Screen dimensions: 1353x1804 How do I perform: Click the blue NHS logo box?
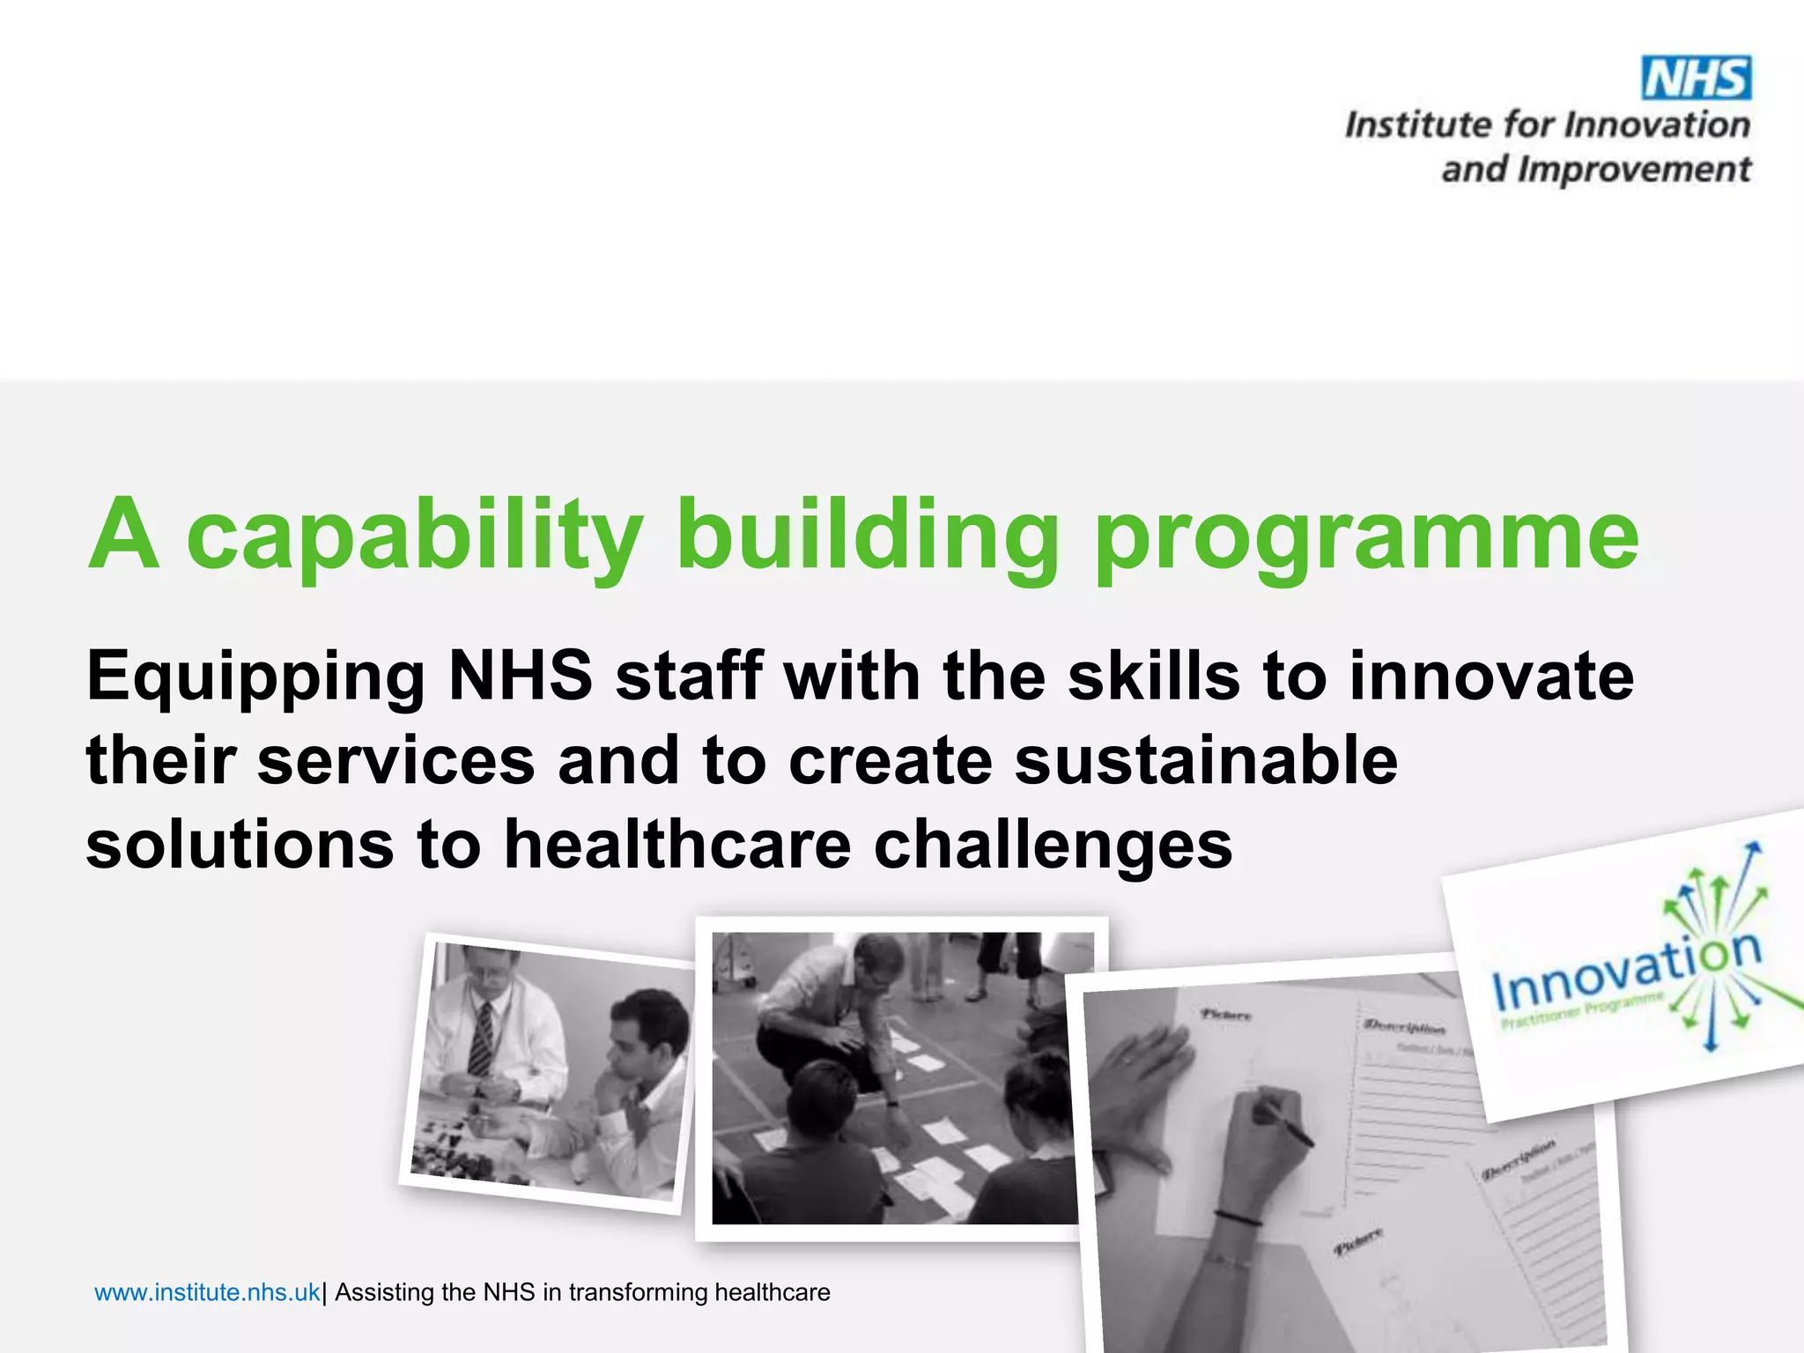click(1697, 78)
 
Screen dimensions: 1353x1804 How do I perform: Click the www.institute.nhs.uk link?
click(207, 1292)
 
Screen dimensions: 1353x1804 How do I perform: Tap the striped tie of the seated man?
click(481, 1039)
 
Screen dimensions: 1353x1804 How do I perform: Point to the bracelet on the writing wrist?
click(1238, 1218)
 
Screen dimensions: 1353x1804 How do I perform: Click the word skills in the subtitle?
click(1153, 676)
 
